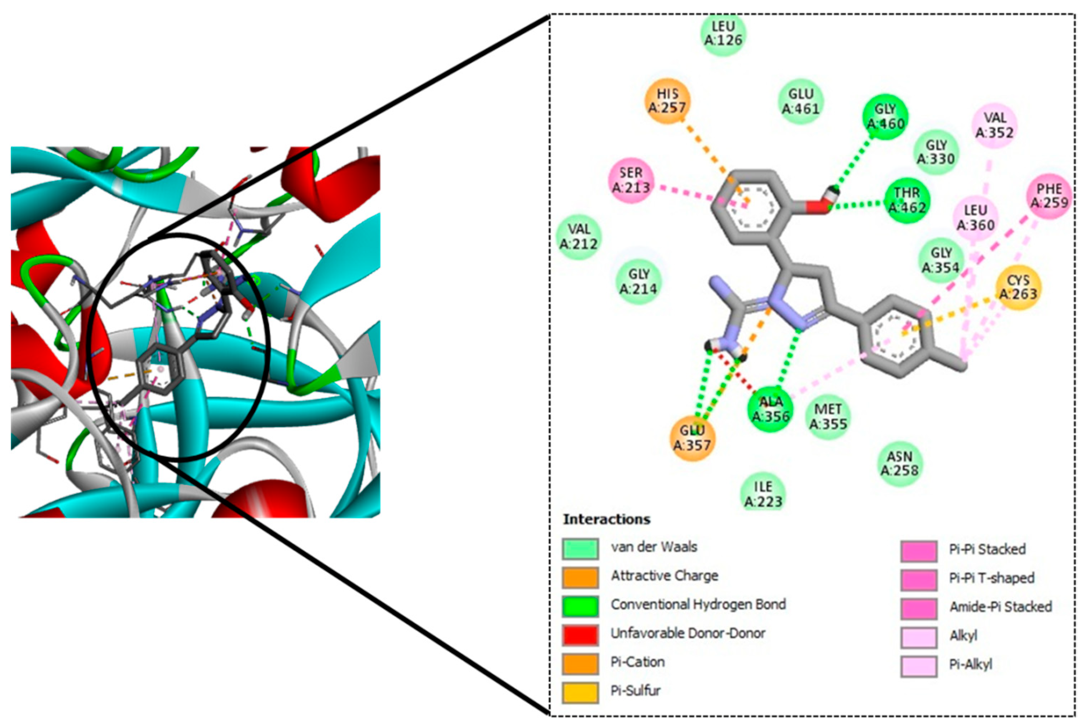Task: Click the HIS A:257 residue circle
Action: pyautogui.click(x=667, y=101)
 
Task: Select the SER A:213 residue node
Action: pyautogui.click(x=631, y=180)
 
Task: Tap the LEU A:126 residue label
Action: pyautogui.click(x=723, y=34)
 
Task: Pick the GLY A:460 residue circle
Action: pyautogui.click(x=885, y=117)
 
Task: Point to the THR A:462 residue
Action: pyautogui.click(x=907, y=200)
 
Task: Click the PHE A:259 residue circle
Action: pyautogui.click(x=1049, y=196)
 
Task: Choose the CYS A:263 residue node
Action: pyautogui.click(x=1018, y=288)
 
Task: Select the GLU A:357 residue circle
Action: pyautogui.click(x=692, y=438)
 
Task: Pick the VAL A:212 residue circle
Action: pyautogui.click(x=579, y=237)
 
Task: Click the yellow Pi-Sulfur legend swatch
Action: pyautogui.click(x=580, y=692)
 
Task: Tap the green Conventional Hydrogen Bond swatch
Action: pyautogui.click(x=580, y=605)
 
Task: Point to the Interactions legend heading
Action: pyautogui.click(x=607, y=519)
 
